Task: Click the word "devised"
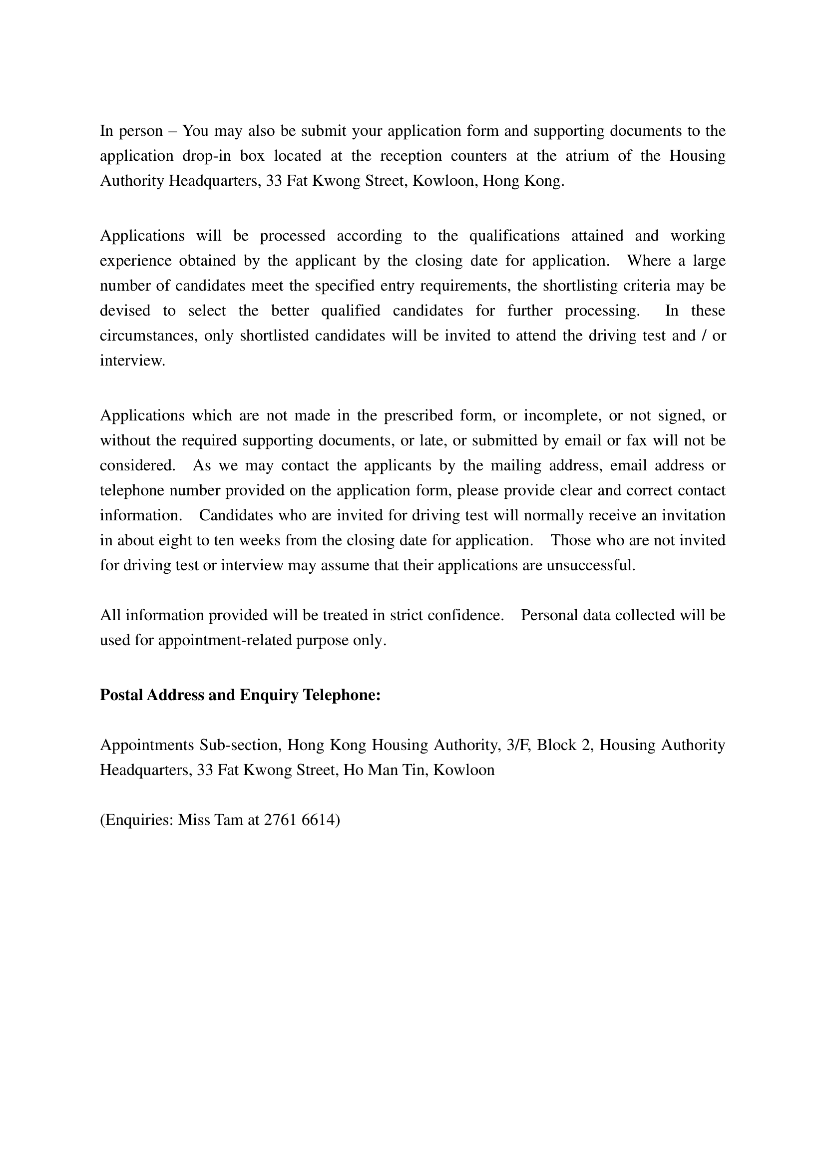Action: [x=125, y=310]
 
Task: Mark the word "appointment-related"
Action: [x=225, y=640]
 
